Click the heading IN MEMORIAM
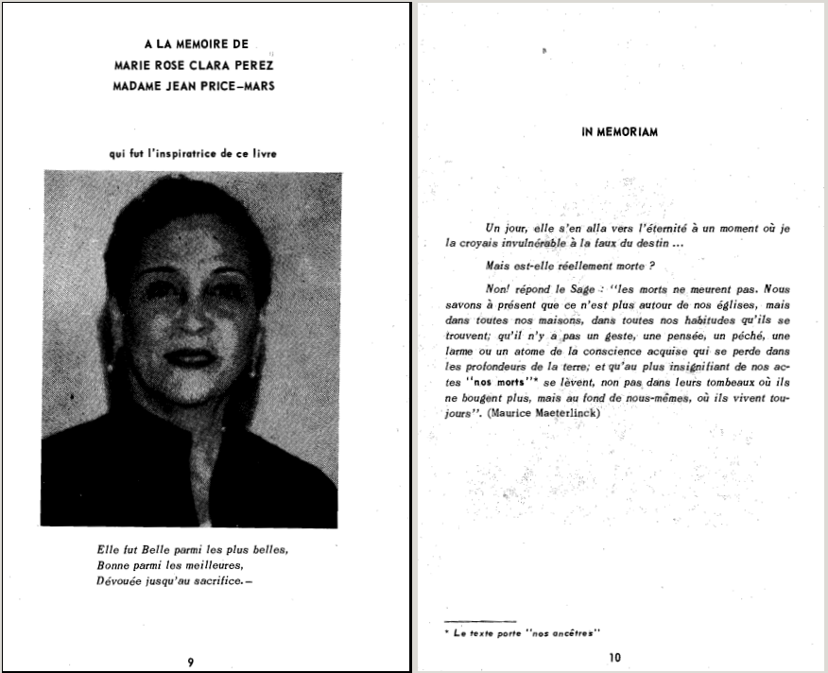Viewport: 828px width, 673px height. [x=619, y=132]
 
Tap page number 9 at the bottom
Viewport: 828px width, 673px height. [x=191, y=662]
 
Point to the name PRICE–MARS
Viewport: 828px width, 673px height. [x=240, y=87]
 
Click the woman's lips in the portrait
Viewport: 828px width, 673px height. [x=191, y=357]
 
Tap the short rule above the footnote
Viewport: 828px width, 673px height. [x=480, y=620]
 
